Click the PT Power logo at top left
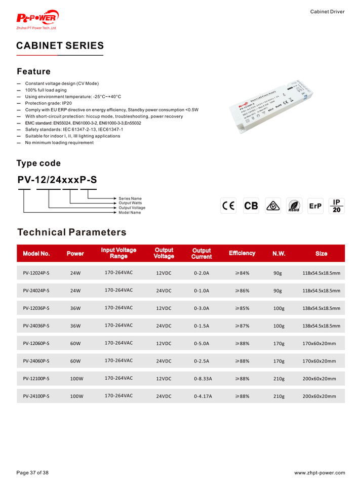[x=37, y=19]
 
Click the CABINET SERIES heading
[x=60, y=46]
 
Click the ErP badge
[x=315, y=206]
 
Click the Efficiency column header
[x=242, y=253]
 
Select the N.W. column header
[x=279, y=253]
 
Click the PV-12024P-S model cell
[x=36, y=273]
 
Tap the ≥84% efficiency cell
[x=242, y=273]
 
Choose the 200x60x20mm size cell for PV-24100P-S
[x=319, y=396]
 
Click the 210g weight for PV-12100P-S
[x=278, y=379]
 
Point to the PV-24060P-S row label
[x=36, y=361]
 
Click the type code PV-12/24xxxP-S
[x=57, y=180]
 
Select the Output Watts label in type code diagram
[x=130, y=203]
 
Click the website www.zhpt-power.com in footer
[x=319, y=473]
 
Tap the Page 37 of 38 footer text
[x=33, y=473]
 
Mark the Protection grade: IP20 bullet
[x=48, y=103]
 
